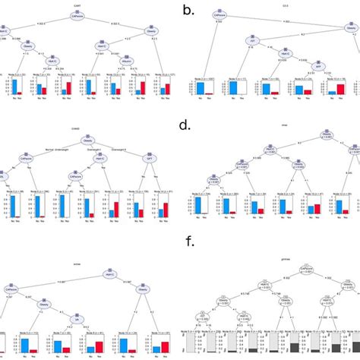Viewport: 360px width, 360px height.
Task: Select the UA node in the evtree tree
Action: click(x=74, y=320)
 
